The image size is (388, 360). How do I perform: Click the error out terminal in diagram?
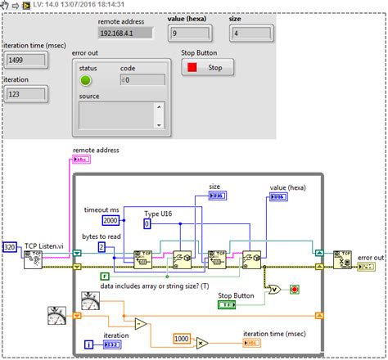(x=372, y=268)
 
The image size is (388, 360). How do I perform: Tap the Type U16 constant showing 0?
(x=148, y=223)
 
